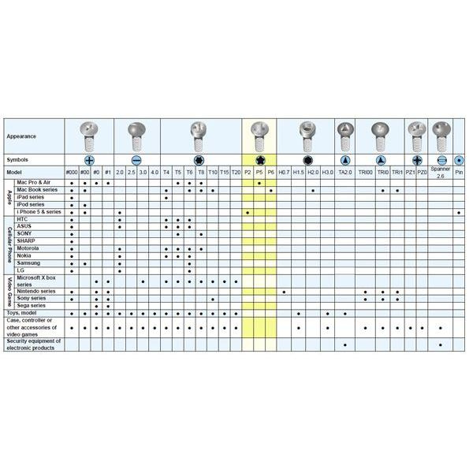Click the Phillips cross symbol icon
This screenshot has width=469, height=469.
pyautogui.click(x=89, y=158)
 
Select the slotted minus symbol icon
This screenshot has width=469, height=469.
pyautogui.click(x=136, y=158)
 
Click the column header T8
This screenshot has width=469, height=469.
pyautogui.click(x=202, y=172)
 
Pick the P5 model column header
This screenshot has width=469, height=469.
pyautogui.click(x=259, y=172)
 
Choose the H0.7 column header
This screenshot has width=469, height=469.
pyautogui.click(x=284, y=172)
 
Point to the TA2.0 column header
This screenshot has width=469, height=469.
pyautogui.click(x=345, y=172)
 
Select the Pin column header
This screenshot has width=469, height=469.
pyautogui.click(x=459, y=172)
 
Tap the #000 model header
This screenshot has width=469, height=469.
pyautogui.click(x=72, y=172)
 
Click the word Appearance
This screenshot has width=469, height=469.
pyautogui.click(x=21, y=136)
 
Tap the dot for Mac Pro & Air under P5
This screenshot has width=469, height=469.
pyautogui.click(x=259, y=183)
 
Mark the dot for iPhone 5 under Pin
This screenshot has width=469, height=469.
pyautogui.click(x=459, y=212)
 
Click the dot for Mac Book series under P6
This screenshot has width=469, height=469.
pyautogui.click(x=271, y=190)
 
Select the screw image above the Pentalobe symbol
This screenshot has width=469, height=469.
pyautogui.click(x=259, y=132)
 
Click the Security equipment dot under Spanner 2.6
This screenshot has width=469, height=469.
pyautogui.click(x=441, y=344)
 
